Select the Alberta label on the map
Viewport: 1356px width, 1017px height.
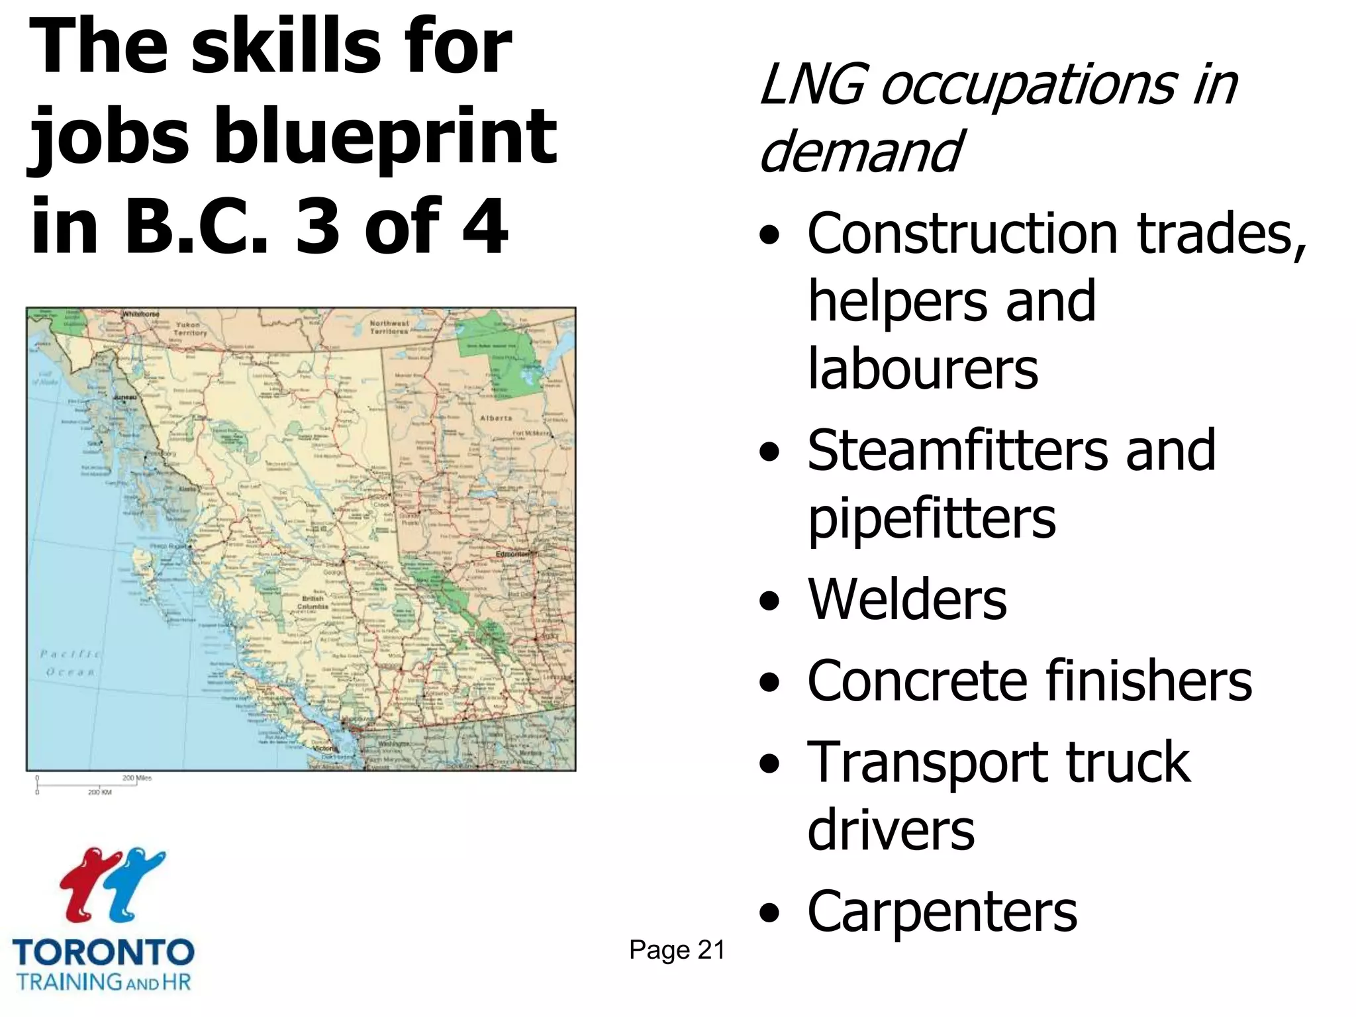(496, 418)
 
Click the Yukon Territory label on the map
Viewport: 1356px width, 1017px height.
(191, 329)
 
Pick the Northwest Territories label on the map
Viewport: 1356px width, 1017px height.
(389, 327)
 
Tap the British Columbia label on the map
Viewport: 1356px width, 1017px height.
(312, 602)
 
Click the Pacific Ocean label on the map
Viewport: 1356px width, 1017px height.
(70, 663)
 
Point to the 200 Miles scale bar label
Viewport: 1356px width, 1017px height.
(137, 778)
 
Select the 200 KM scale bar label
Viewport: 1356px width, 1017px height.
(100, 792)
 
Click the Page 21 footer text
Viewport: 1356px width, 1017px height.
(677, 949)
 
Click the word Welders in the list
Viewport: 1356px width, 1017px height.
(907, 600)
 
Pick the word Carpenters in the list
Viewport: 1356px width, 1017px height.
(942, 912)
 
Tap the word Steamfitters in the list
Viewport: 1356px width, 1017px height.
(957, 450)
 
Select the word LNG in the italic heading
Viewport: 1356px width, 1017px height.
(812, 86)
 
